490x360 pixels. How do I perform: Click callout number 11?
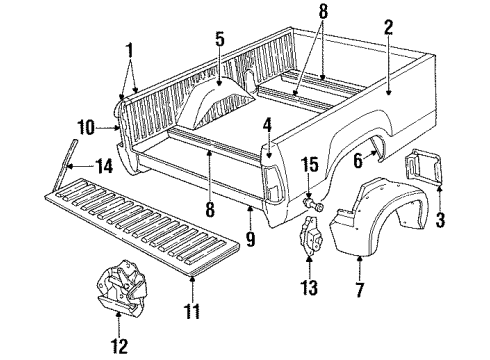(x=190, y=299)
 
